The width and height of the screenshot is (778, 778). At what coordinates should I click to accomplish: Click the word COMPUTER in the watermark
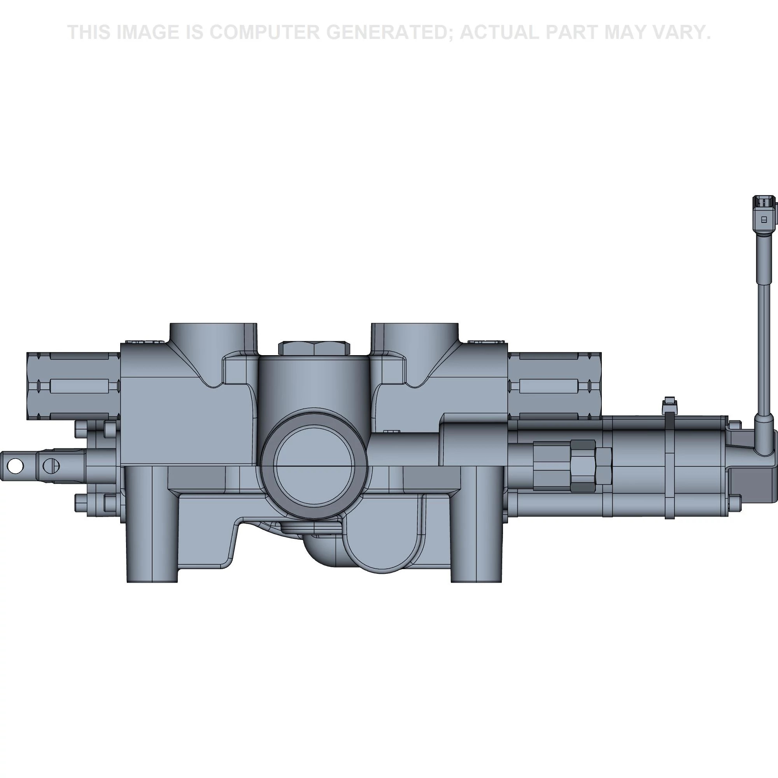(265, 32)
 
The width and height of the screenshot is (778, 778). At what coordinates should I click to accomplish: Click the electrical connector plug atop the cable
(764, 219)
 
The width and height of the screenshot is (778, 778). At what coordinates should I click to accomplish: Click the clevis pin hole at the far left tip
(15, 466)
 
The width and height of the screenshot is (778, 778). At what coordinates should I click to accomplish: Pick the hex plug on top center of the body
(314, 349)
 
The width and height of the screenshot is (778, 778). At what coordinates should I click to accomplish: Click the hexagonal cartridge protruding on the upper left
(74, 386)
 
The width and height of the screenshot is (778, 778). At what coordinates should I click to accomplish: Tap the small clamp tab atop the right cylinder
(669, 405)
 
